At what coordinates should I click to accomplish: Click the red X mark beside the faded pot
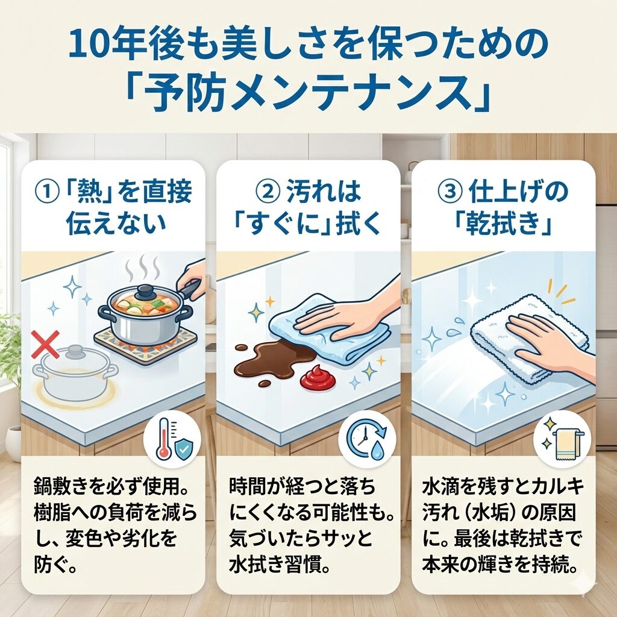45,344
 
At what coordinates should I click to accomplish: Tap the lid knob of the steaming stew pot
142,290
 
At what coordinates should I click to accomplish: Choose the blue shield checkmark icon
183,449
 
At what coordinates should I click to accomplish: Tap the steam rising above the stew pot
142,267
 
